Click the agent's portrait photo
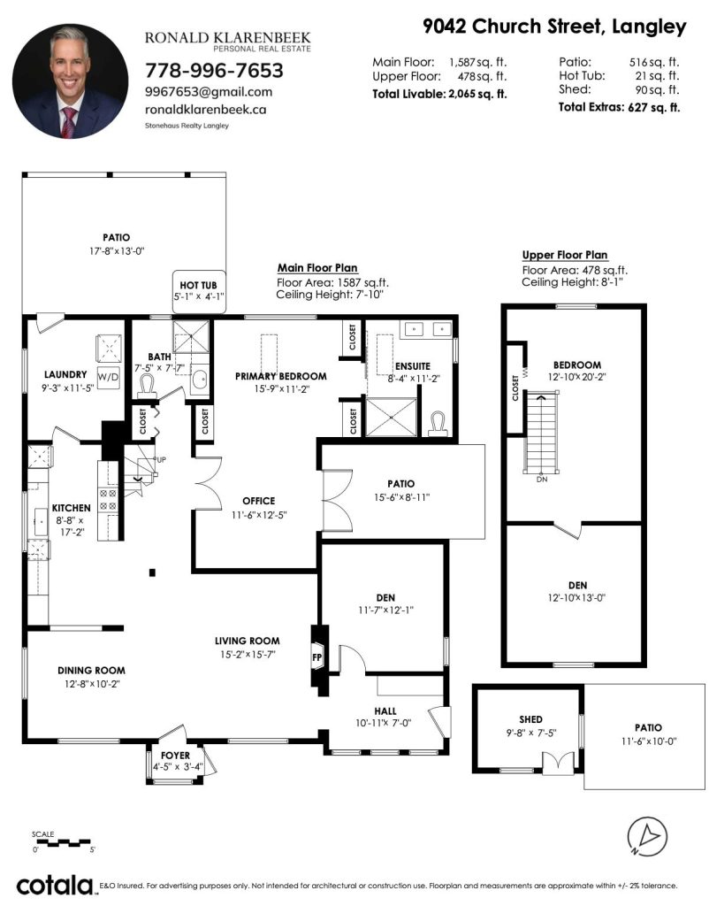(x=70, y=81)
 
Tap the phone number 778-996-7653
(x=214, y=71)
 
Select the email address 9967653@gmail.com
(x=209, y=92)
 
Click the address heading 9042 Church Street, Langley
(x=554, y=27)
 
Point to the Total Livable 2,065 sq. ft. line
(x=439, y=94)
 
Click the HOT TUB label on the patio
(x=198, y=286)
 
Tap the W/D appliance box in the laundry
(x=108, y=377)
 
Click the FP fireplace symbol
(x=317, y=657)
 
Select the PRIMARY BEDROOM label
(x=280, y=376)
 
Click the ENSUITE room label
(x=412, y=366)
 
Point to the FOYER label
(x=175, y=756)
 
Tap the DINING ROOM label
(x=91, y=671)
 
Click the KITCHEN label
(x=71, y=508)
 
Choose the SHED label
(x=530, y=719)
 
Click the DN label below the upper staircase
(x=542, y=479)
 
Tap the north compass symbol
(x=647, y=837)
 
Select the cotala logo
(x=55, y=885)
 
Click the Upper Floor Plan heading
(x=565, y=255)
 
